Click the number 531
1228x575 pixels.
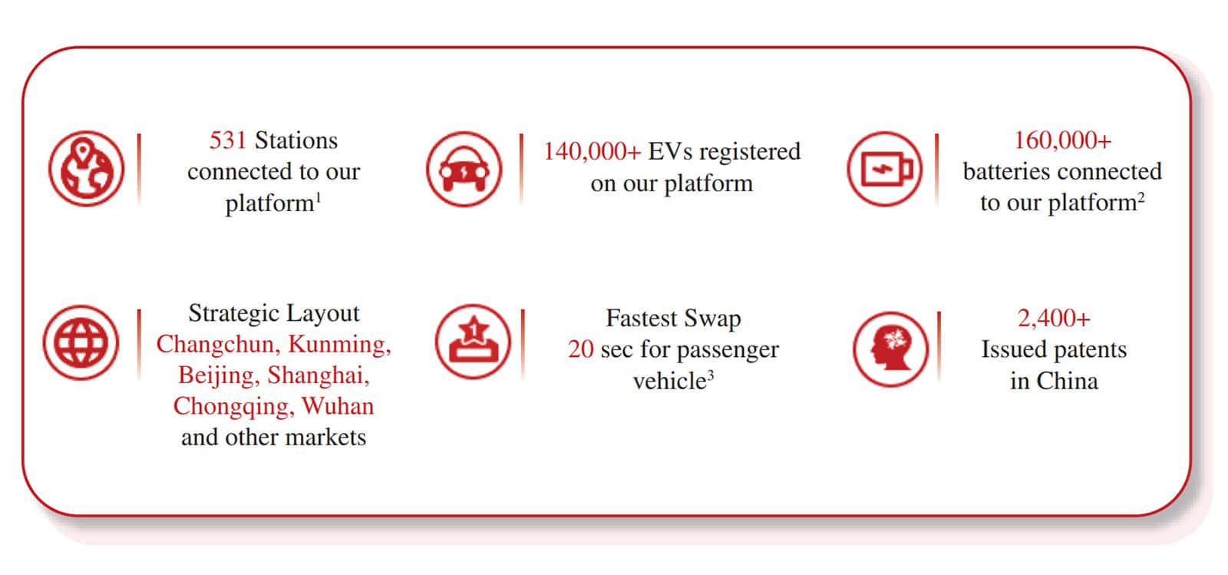coord(227,140)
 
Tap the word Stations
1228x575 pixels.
coord(296,140)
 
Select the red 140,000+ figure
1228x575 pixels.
coord(592,151)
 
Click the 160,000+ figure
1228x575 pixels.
coord(1062,140)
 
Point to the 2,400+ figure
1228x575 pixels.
coord(1054,318)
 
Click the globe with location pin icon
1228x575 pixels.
coord(87,168)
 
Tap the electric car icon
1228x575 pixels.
coord(464,169)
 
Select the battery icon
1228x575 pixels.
coord(885,169)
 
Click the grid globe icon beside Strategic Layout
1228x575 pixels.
coord(81,342)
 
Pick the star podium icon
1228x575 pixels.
coord(473,342)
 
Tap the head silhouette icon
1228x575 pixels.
coord(891,349)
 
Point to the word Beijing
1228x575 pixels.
coord(219,376)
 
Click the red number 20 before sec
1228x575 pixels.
coord(580,350)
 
